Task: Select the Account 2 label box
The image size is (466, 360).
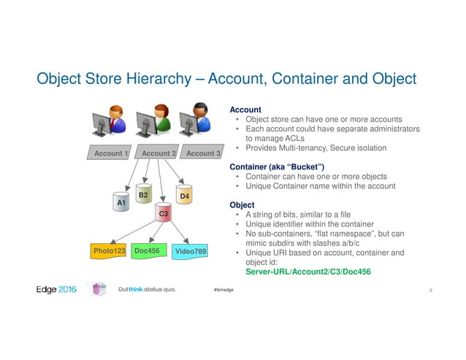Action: point(159,154)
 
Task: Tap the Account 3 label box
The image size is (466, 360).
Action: point(203,154)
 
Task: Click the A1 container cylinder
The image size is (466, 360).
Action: point(122,199)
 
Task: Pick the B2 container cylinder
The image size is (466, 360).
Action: point(143,194)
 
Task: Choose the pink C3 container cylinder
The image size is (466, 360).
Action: point(164,214)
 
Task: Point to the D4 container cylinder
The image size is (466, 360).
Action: point(185,196)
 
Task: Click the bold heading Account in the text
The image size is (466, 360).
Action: point(245,110)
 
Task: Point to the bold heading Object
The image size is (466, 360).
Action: point(242,205)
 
